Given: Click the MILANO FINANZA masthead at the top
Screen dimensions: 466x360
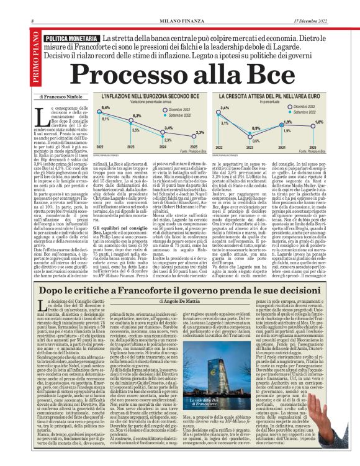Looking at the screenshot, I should [x=179, y=22].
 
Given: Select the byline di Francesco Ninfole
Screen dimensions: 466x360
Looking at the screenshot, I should [x=62, y=98].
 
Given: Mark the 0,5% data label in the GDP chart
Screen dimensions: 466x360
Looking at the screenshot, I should [x=256, y=141].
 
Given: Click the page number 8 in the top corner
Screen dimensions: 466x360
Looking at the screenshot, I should [x=32, y=22].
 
